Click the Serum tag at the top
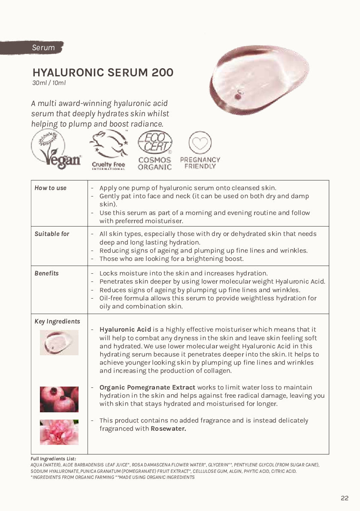coord(43,48)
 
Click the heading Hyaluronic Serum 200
coord(103,73)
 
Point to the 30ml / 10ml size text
coord(49,83)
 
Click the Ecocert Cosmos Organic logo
coord(155,150)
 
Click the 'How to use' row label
coord(51,188)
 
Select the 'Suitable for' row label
coord(52,234)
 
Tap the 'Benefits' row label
coord(47,273)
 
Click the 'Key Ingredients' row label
coord(57,321)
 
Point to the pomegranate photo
coord(59,399)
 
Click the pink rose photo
coord(59,432)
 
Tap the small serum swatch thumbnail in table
coord(59,342)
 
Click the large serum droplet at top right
coord(259,80)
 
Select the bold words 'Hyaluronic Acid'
coord(125,330)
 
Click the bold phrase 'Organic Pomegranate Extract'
coord(147,387)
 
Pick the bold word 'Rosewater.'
coord(168,429)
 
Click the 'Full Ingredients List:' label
coord(53,459)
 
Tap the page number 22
coord(345,498)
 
